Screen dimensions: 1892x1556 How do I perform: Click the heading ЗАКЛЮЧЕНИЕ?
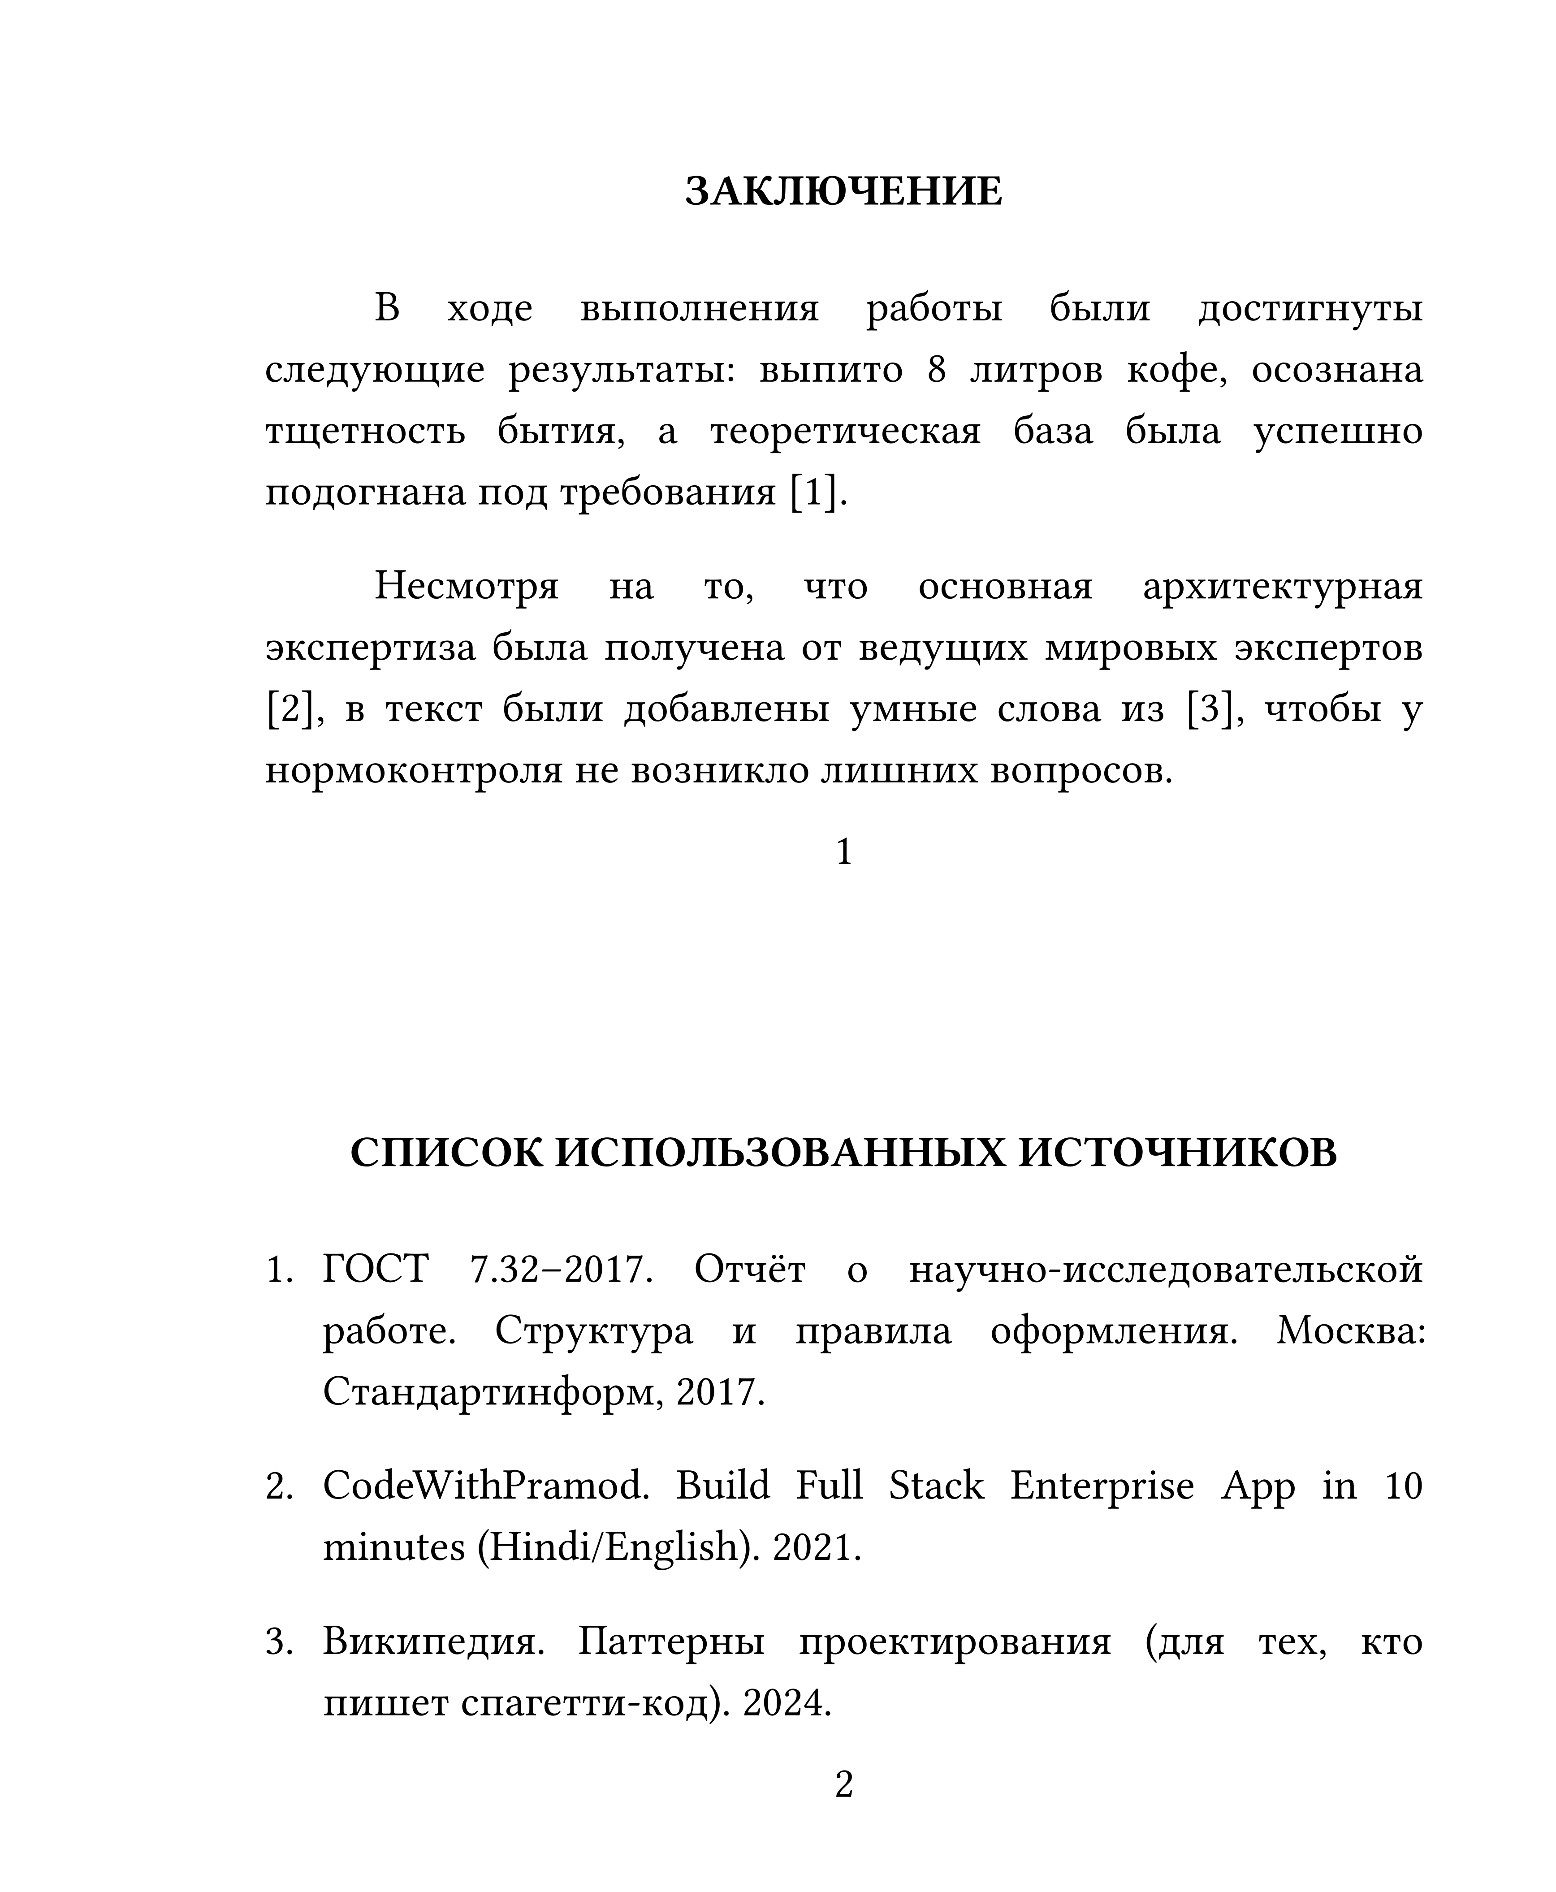click(843, 192)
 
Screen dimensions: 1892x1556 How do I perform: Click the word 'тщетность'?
click(365, 431)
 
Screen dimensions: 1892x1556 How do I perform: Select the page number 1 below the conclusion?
click(843, 851)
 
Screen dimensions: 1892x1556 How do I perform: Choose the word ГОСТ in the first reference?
click(376, 1270)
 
